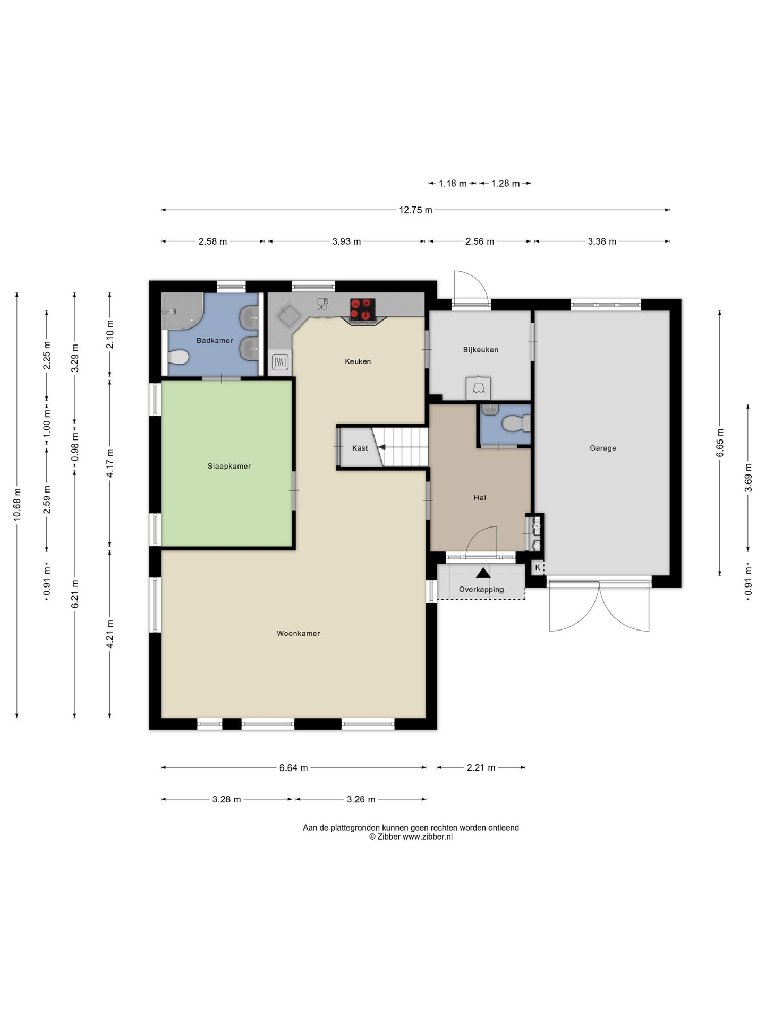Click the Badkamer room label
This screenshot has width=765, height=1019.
[x=215, y=341]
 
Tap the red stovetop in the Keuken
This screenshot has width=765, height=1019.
[x=362, y=310]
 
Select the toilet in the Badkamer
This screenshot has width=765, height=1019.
[x=178, y=357]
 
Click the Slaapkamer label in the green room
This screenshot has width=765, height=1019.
[x=229, y=467]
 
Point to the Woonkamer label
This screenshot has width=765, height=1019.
[x=298, y=633]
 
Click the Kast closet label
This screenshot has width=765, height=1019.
[x=360, y=448]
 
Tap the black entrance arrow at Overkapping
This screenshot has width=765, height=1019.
[x=483, y=573]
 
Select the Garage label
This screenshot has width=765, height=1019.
[x=603, y=448]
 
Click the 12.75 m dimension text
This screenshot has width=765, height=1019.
[x=415, y=210]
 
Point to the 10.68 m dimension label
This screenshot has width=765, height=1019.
[x=17, y=504]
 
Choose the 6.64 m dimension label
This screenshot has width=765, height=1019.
[x=294, y=768]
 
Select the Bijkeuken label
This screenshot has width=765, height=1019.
[x=481, y=350]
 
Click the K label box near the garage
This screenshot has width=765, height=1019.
[x=538, y=567]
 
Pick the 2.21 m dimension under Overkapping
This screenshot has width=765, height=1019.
[x=481, y=768]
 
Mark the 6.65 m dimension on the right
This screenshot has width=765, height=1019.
[x=720, y=443]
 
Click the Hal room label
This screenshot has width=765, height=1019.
[x=480, y=498]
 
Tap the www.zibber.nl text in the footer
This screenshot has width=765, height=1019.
[x=428, y=837]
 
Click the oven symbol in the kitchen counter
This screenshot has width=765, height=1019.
[x=280, y=362]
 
